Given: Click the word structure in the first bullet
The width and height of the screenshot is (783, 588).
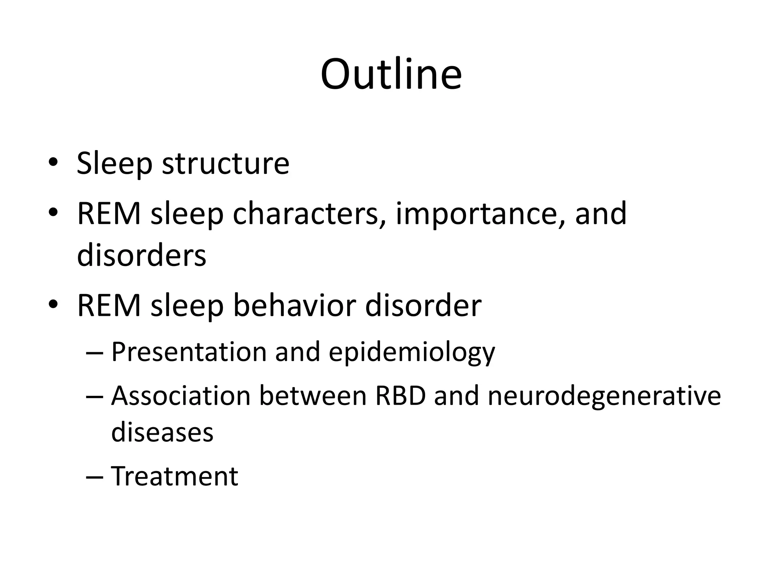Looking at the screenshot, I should coord(226,164).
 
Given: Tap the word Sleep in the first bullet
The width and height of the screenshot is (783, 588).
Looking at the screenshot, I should coord(114,164).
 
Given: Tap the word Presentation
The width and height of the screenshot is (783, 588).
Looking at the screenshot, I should coord(189,352).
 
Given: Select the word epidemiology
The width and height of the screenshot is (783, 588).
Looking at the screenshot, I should coord(412,353).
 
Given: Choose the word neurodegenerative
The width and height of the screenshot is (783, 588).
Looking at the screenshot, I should coord(604,397).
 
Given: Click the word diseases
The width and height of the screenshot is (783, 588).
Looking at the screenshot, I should coord(162,432).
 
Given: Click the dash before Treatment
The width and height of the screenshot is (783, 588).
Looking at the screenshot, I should coord(94,477).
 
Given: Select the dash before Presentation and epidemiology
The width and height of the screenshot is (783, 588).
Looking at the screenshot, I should coord(94,353).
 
